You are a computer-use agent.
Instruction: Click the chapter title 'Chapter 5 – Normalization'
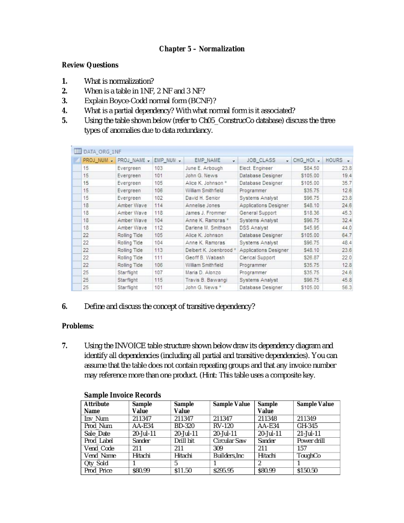(202, 49)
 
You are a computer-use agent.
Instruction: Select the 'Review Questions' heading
(90, 65)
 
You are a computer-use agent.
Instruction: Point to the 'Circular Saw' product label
(229, 440)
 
